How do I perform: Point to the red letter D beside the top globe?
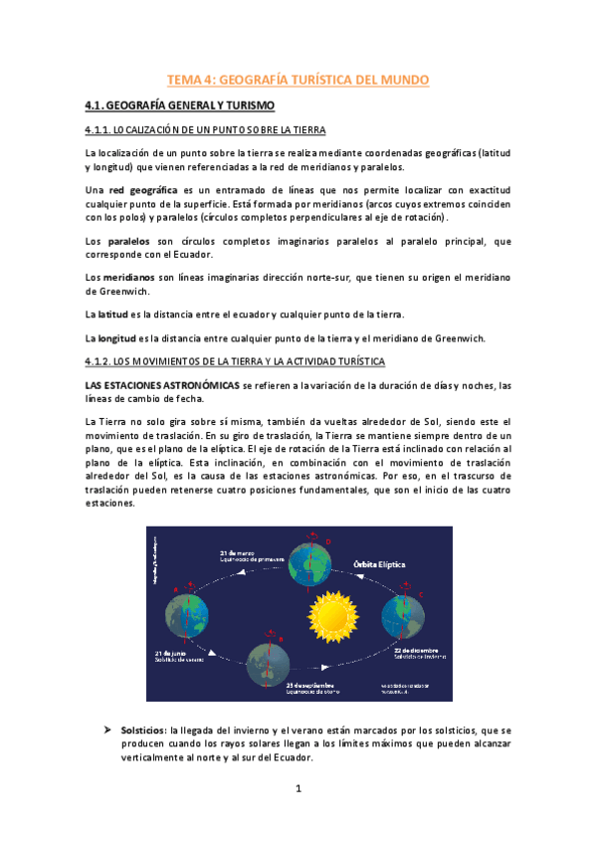(x=329, y=541)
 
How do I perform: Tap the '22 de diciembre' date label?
(x=412, y=650)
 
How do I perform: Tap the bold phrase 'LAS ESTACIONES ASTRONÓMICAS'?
(x=161, y=384)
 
